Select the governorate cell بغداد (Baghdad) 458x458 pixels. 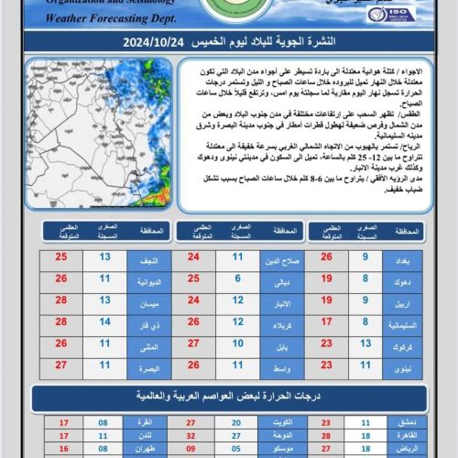point(401,258)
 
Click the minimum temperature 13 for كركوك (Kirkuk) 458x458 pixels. point(365,346)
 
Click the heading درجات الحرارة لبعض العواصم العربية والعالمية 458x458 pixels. point(229,396)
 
